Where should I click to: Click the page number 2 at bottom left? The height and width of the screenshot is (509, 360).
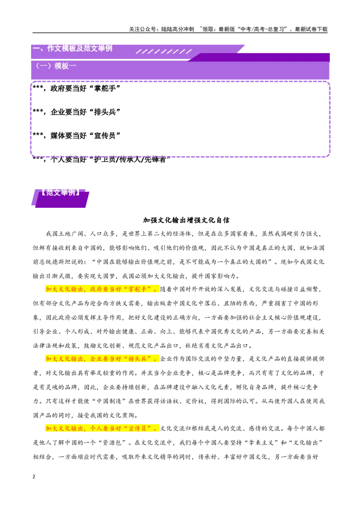click(34, 477)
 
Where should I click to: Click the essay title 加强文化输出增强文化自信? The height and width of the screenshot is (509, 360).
click(186, 220)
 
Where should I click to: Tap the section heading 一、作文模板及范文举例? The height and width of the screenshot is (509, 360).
click(72, 49)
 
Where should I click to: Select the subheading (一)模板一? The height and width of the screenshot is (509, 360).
click(55, 66)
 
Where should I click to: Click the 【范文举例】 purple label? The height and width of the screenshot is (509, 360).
click(60, 192)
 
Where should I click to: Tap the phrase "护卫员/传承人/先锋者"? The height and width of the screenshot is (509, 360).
click(130, 159)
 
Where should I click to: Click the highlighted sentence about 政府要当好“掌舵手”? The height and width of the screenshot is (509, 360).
click(102, 289)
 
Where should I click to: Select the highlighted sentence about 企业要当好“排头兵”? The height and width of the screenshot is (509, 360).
click(102, 359)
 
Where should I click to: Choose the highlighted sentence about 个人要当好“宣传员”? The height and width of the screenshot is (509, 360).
click(102, 429)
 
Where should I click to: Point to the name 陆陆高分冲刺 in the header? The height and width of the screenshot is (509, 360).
click(177, 29)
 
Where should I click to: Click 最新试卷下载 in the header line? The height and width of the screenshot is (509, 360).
click(311, 29)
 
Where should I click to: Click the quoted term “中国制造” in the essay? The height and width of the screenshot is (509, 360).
click(109, 401)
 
